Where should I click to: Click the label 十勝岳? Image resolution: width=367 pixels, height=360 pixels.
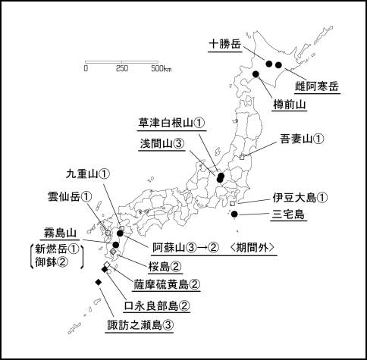point(225,44)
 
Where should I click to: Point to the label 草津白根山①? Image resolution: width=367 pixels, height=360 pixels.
point(172,122)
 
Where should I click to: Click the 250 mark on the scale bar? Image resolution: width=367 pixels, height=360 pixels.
point(122,68)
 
